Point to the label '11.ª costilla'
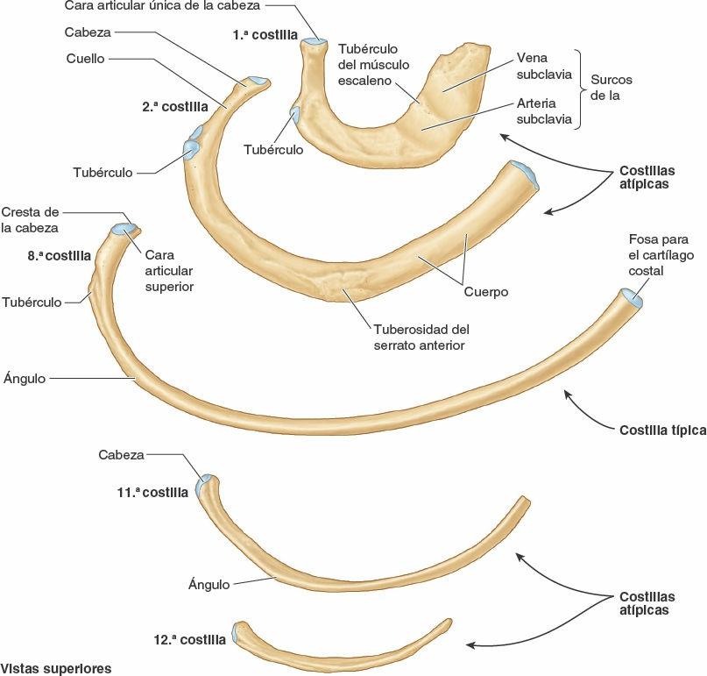click(152, 493)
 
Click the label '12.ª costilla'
click(189, 640)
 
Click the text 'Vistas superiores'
click(55, 668)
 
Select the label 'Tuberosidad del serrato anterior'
click(416, 338)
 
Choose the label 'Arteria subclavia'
click(543, 110)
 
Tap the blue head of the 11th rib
click(206, 483)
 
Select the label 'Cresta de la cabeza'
click(31, 220)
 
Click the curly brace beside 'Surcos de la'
click(582, 88)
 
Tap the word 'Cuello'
click(85, 60)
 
